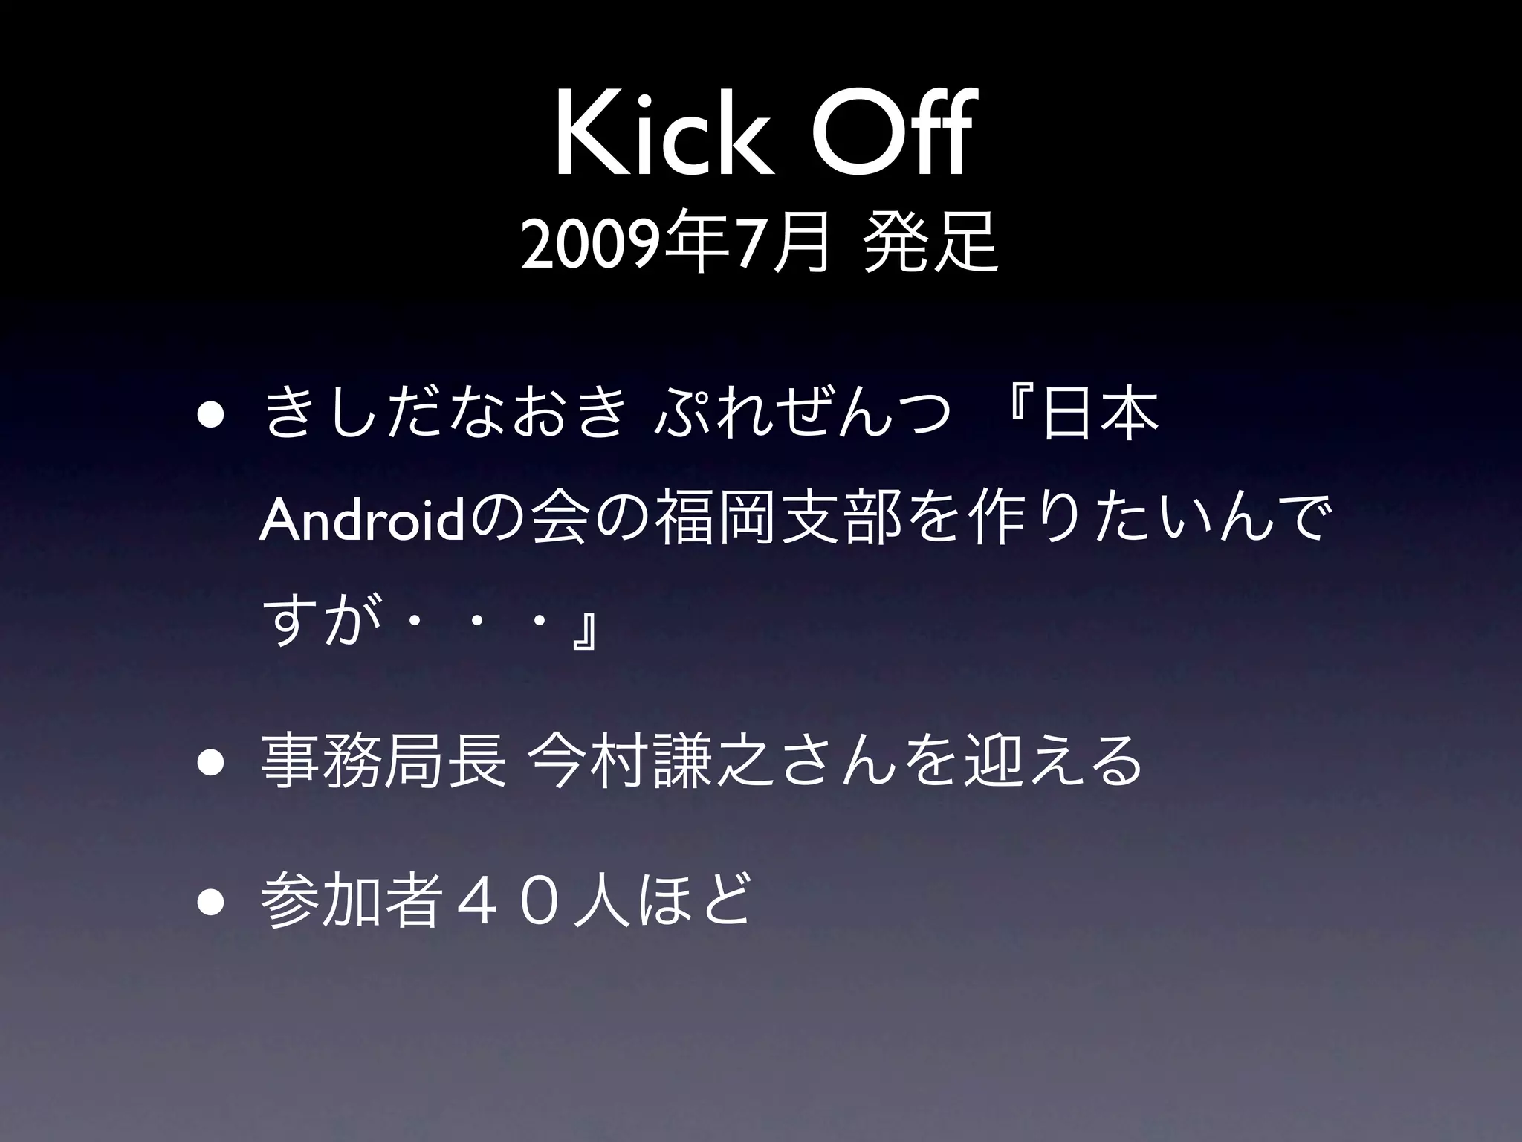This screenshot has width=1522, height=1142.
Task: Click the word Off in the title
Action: click(888, 134)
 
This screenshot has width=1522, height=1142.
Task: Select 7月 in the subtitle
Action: click(780, 246)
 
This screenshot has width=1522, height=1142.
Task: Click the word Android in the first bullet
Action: click(360, 522)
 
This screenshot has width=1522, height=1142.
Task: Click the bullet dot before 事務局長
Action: click(210, 766)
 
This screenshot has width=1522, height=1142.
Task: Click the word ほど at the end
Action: click(699, 903)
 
